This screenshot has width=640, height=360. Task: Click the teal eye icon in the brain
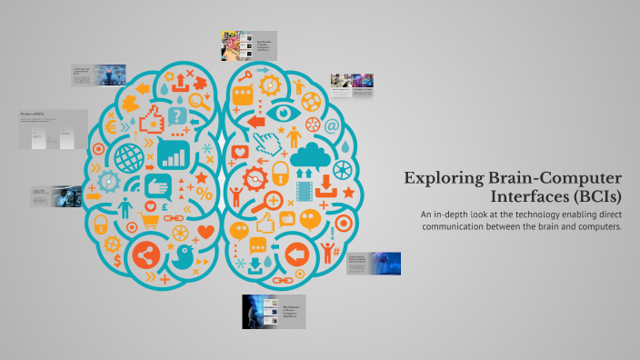[x=285, y=112]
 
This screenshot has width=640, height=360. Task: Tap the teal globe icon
[x=129, y=156]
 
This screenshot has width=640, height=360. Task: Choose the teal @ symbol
[x=332, y=126]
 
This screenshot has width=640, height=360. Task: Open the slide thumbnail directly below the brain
[x=274, y=311]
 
